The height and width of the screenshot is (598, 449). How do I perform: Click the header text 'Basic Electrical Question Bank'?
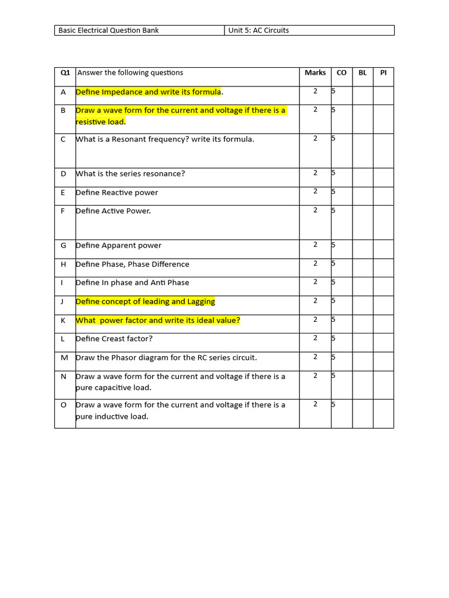point(108,30)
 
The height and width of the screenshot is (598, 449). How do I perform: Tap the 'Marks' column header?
point(315,72)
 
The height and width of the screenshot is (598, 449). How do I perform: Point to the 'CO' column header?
point(341,72)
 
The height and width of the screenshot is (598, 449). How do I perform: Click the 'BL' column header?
point(362,72)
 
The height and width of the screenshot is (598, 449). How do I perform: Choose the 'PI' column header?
point(384,72)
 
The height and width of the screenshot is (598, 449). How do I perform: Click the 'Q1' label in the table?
point(65,73)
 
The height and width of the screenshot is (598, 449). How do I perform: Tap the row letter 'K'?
point(63,320)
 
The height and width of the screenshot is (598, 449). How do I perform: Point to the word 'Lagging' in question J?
point(201,301)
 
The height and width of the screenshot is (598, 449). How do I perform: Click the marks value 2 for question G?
point(315,244)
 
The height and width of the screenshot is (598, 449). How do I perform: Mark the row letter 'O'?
point(64,405)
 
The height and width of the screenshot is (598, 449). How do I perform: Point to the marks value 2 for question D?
point(315,172)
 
